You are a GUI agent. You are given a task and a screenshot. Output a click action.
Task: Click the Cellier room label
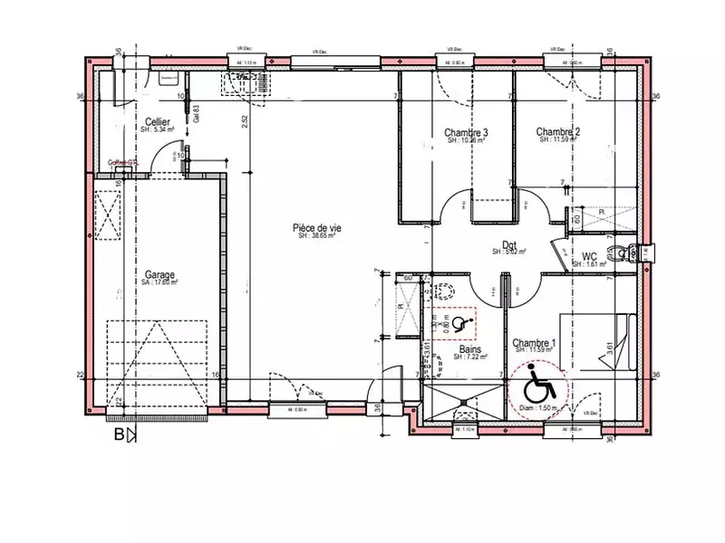[159, 121]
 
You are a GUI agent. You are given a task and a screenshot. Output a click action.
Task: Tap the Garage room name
[159, 274]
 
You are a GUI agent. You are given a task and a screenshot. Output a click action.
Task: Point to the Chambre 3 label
[467, 132]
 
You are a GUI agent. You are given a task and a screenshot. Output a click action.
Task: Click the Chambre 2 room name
[558, 132]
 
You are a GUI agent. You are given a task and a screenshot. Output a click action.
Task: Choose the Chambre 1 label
[535, 343]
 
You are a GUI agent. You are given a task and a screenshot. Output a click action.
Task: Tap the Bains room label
[469, 348]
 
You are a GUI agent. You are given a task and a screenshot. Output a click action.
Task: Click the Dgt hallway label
[509, 244]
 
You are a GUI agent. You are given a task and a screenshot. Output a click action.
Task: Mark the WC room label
[589, 256]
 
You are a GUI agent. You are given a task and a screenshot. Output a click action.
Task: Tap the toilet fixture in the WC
[620, 250]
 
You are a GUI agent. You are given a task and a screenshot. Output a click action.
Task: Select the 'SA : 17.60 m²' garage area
[159, 282]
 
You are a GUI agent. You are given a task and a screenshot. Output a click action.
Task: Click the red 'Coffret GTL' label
[122, 163]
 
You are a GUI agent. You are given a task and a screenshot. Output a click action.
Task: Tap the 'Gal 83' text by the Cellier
[197, 112]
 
